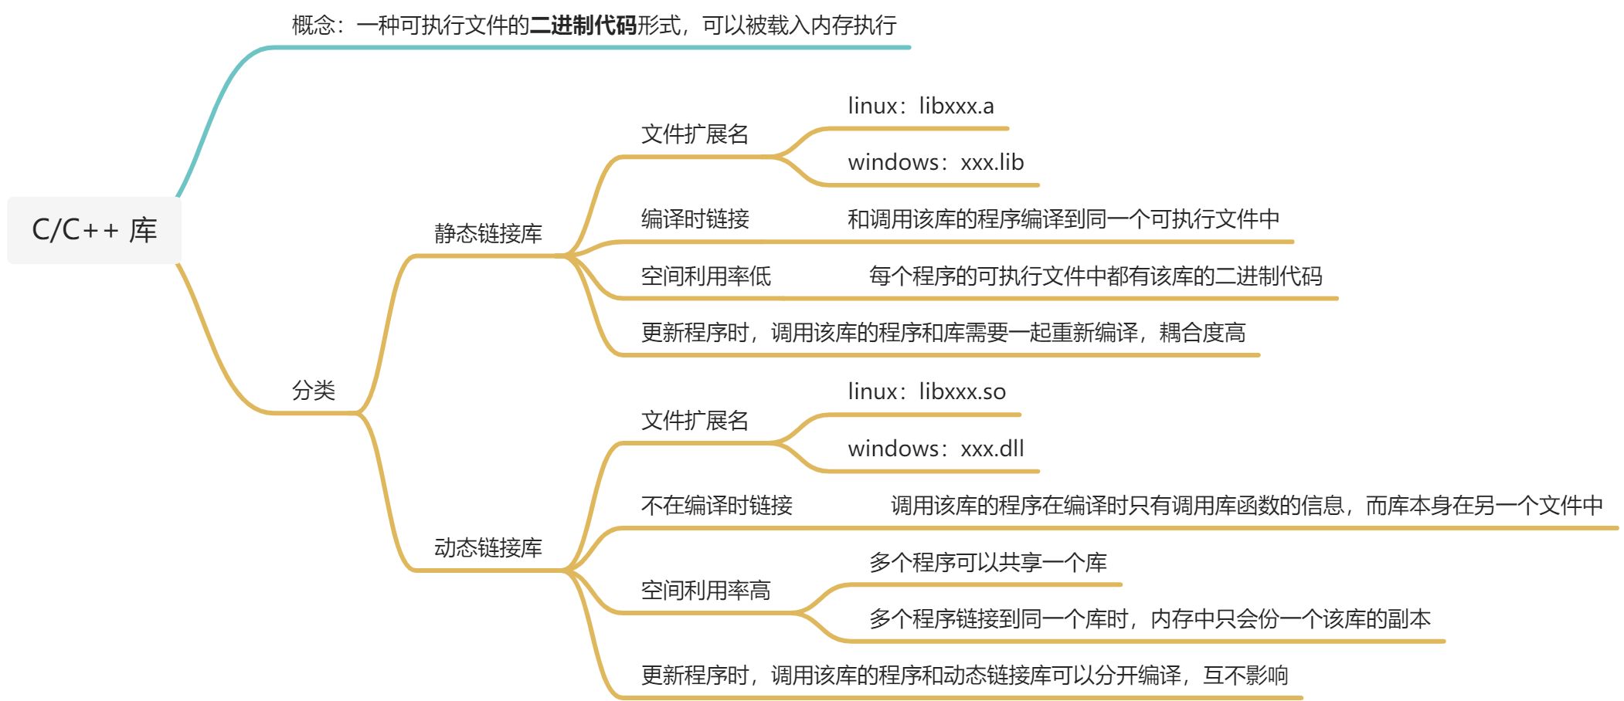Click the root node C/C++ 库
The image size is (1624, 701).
(94, 230)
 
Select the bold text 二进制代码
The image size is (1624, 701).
(583, 25)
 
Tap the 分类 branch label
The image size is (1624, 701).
(314, 391)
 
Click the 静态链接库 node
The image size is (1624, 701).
(488, 233)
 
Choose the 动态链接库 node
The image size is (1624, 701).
(488, 547)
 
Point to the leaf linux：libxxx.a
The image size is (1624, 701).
(921, 106)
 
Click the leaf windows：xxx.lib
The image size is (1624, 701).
(936, 162)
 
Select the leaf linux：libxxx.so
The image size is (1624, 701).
(927, 391)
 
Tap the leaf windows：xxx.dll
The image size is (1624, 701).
(936, 449)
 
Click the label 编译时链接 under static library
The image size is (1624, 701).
(695, 219)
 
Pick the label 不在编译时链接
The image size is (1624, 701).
(717, 506)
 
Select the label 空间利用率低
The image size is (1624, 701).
(706, 276)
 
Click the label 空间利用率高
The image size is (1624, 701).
(706, 591)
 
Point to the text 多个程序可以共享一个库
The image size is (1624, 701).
(988, 562)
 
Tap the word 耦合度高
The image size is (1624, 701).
(1203, 333)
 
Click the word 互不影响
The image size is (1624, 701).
(1245, 676)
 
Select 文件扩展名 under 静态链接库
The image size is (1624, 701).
(695, 134)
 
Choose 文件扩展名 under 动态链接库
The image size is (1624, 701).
(695, 421)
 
